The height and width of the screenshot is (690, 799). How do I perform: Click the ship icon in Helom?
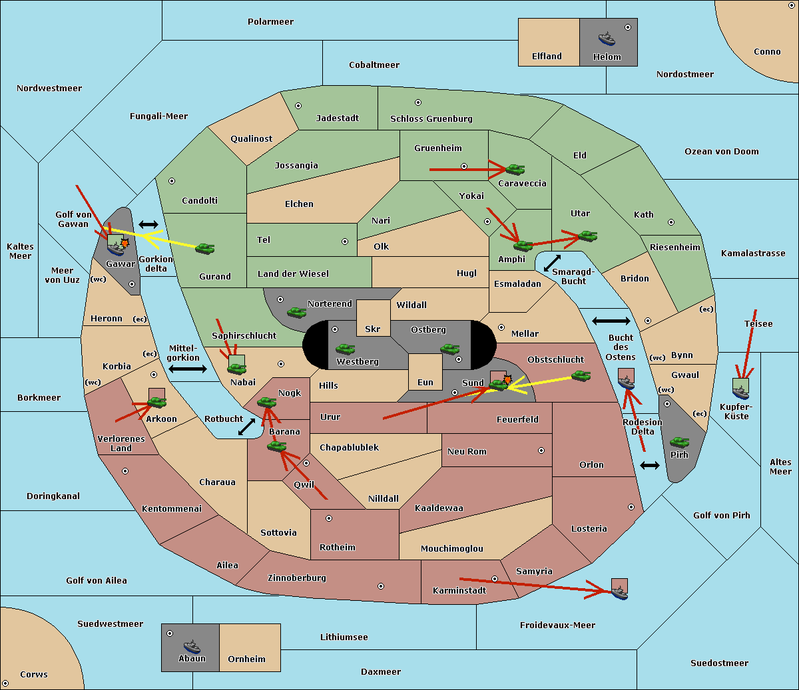pos(607,39)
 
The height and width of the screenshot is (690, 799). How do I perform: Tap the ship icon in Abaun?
pos(192,646)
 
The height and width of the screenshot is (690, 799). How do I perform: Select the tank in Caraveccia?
pos(515,170)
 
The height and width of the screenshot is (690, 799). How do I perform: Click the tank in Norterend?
pos(296,312)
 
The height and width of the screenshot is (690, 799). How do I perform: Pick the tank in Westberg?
pos(345,349)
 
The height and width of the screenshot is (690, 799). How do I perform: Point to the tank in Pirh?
pos(679,442)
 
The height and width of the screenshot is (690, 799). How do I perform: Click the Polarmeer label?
pos(270,22)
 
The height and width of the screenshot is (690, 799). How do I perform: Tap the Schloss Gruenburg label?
pos(431,119)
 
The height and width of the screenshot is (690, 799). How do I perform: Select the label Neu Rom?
pos(467,452)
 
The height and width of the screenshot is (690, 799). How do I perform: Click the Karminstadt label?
pos(459,591)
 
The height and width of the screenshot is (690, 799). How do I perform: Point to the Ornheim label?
pos(246,659)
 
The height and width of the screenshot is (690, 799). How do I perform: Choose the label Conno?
pos(767,52)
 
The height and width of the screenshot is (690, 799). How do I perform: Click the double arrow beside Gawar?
pos(148,225)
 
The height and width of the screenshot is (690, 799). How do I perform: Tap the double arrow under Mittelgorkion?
pos(188,369)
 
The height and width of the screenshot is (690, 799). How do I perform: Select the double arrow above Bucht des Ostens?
pos(611,321)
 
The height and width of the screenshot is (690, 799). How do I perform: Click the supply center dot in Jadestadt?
pos(298,106)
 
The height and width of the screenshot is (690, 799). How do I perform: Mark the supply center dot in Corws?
pos(5,683)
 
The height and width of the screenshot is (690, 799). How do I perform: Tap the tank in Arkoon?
pos(156,402)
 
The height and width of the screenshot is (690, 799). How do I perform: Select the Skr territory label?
pos(372,329)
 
